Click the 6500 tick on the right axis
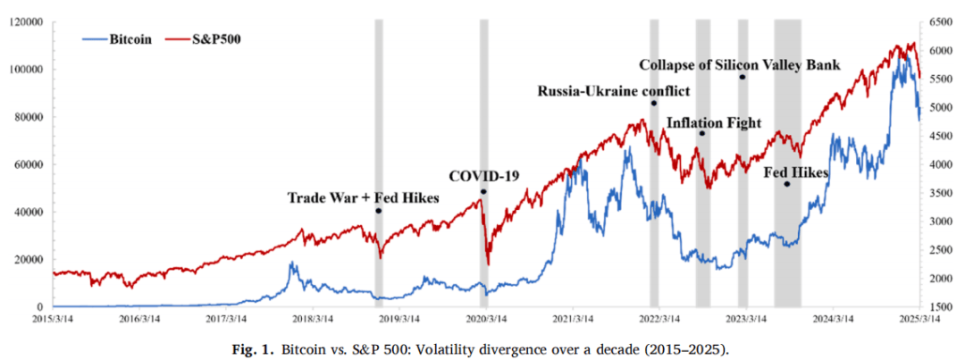pyautogui.click(x=940, y=21)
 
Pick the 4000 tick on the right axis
pyautogui.click(x=940, y=164)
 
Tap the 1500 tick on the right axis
pyautogui.click(x=940, y=307)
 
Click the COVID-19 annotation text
pyautogui.click(x=483, y=175)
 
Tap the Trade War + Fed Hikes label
pyautogui.click(x=363, y=197)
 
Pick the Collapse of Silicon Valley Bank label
pyautogui.click(x=742, y=64)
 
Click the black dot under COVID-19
pyautogui.click(x=483, y=191)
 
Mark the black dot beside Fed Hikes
pyautogui.click(x=786, y=184)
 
